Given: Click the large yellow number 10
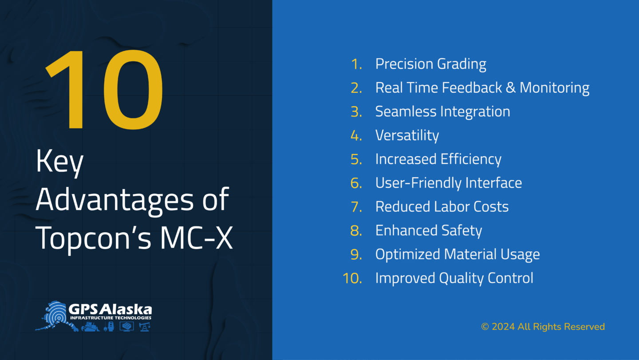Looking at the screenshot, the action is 104,89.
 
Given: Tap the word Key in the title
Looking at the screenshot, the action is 59,162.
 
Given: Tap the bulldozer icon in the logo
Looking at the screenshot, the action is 90,327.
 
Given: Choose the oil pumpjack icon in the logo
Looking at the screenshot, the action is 145,327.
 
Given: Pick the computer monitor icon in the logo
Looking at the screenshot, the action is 126,327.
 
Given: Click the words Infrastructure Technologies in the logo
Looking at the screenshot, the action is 110,318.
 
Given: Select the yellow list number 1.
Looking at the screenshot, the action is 356,64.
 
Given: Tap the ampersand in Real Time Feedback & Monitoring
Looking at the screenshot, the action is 510,87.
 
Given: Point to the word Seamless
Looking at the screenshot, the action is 406,111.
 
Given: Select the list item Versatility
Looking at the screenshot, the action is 407,136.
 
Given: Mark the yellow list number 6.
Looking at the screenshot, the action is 356,183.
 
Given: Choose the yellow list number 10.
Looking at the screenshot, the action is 352,278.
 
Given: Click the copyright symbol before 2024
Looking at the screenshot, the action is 485,327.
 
